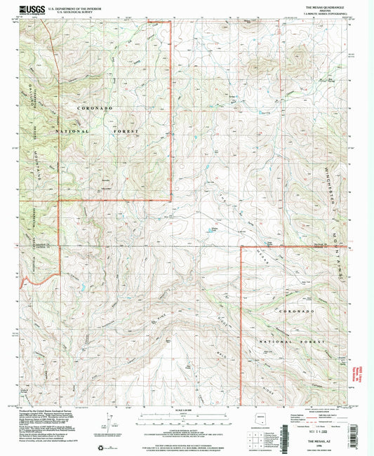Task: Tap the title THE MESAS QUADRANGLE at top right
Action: coord(324,5)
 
